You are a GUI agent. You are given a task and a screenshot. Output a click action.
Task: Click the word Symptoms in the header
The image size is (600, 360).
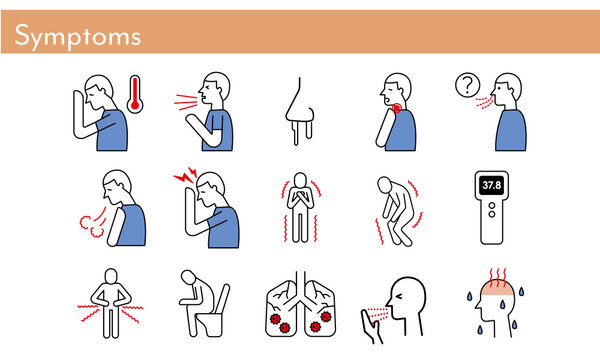click(x=78, y=36)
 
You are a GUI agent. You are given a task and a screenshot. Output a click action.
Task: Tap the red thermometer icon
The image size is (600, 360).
click(x=135, y=94)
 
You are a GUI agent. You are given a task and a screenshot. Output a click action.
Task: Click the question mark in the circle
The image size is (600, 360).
click(x=467, y=85)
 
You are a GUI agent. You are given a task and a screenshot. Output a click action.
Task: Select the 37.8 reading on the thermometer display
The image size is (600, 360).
click(x=492, y=185)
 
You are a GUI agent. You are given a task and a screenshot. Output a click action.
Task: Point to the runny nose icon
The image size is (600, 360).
click(x=300, y=111)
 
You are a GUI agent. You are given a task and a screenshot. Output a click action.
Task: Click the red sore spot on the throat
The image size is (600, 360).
click(x=397, y=108)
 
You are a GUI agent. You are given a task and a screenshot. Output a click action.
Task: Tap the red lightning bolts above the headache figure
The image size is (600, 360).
click(x=185, y=174)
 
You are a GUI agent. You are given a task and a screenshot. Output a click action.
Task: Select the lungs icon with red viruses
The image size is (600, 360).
click(x=301, y=305)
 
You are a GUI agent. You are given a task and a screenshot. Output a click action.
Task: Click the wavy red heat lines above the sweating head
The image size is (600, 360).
click(x=498, y=277)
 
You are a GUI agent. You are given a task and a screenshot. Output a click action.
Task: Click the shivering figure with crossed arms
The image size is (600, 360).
click(x=300, y=207)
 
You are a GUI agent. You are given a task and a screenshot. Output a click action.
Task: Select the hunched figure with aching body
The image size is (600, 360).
click(x=396, y=211)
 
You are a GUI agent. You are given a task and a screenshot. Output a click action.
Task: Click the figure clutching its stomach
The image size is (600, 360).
click(x=111, y=303)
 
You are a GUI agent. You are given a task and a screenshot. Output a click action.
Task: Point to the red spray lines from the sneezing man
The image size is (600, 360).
click(x=186, y=102)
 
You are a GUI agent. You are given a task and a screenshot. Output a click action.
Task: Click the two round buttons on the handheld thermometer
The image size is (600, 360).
click(x=492, y=210)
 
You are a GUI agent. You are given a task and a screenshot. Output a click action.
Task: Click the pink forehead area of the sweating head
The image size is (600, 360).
click(x=497, y=288)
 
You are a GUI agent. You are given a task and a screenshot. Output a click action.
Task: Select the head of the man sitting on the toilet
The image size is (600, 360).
click(x=188, y=277)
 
